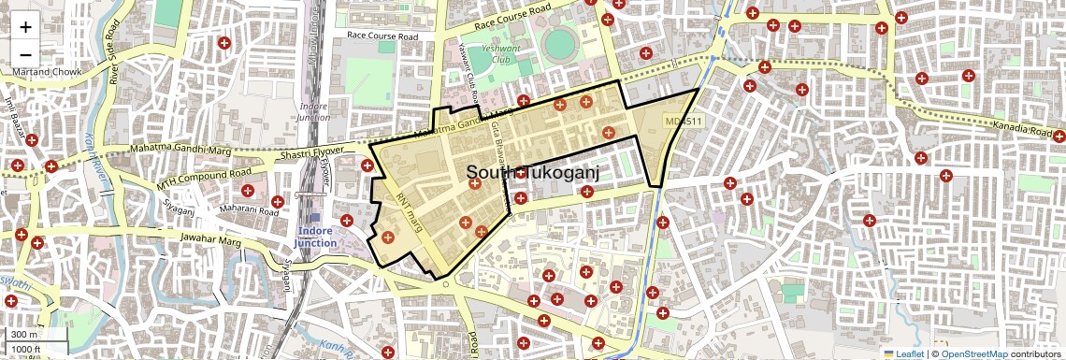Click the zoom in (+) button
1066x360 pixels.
tap(26, 27)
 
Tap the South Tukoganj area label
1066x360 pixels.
tap(532, 173)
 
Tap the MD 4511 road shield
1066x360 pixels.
tap(683, 122)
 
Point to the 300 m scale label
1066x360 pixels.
tap(25, 335)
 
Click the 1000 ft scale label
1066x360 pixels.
tap(27, 350)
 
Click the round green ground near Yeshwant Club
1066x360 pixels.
tap(559, 42)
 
